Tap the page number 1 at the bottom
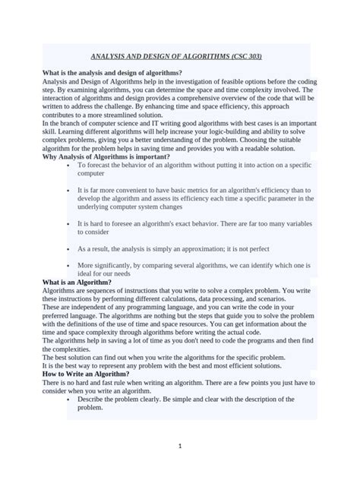[x=180, y=447]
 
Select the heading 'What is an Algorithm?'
[x=76, y=282]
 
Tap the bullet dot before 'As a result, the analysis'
[x=69, y=248]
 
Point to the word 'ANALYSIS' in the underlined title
[x=114, y=56]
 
